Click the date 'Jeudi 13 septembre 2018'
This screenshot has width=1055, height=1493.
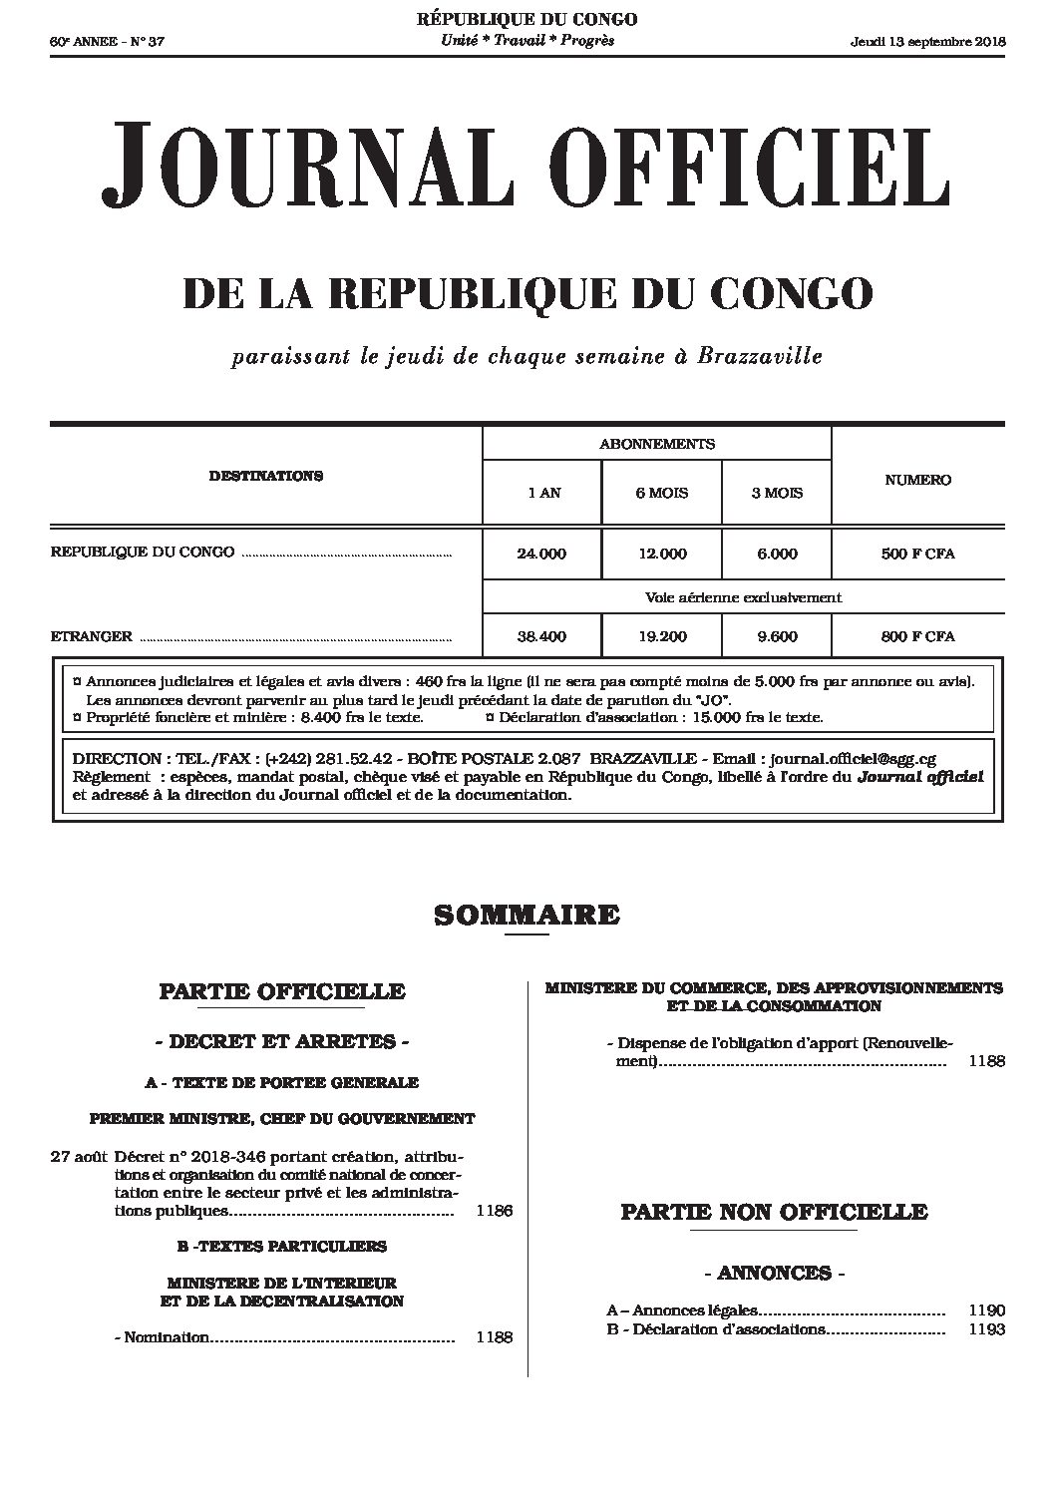[928, 41]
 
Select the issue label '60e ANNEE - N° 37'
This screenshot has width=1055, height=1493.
[98, 41]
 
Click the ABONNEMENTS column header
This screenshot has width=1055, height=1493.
[656, 444]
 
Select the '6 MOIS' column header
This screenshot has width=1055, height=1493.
[661, 493]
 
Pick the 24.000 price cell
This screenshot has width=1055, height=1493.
[541, 554]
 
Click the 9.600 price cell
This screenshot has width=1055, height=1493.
[777, 636]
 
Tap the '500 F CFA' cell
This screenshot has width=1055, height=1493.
[917, 554]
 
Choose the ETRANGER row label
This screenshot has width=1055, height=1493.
[91, 635]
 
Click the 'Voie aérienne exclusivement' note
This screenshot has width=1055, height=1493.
[743, 597]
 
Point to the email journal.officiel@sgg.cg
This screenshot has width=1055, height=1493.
[853, 759]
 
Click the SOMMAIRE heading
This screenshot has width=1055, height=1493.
[527, 915]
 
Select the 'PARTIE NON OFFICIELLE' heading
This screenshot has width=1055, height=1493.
[774, 1212]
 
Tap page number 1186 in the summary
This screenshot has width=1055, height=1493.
[495, 1211]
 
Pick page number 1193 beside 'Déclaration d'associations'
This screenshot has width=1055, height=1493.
[986, 1329]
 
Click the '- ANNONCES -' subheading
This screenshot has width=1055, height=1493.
[774, 1273]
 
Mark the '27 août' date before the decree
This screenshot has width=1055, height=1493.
[79, 1158]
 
